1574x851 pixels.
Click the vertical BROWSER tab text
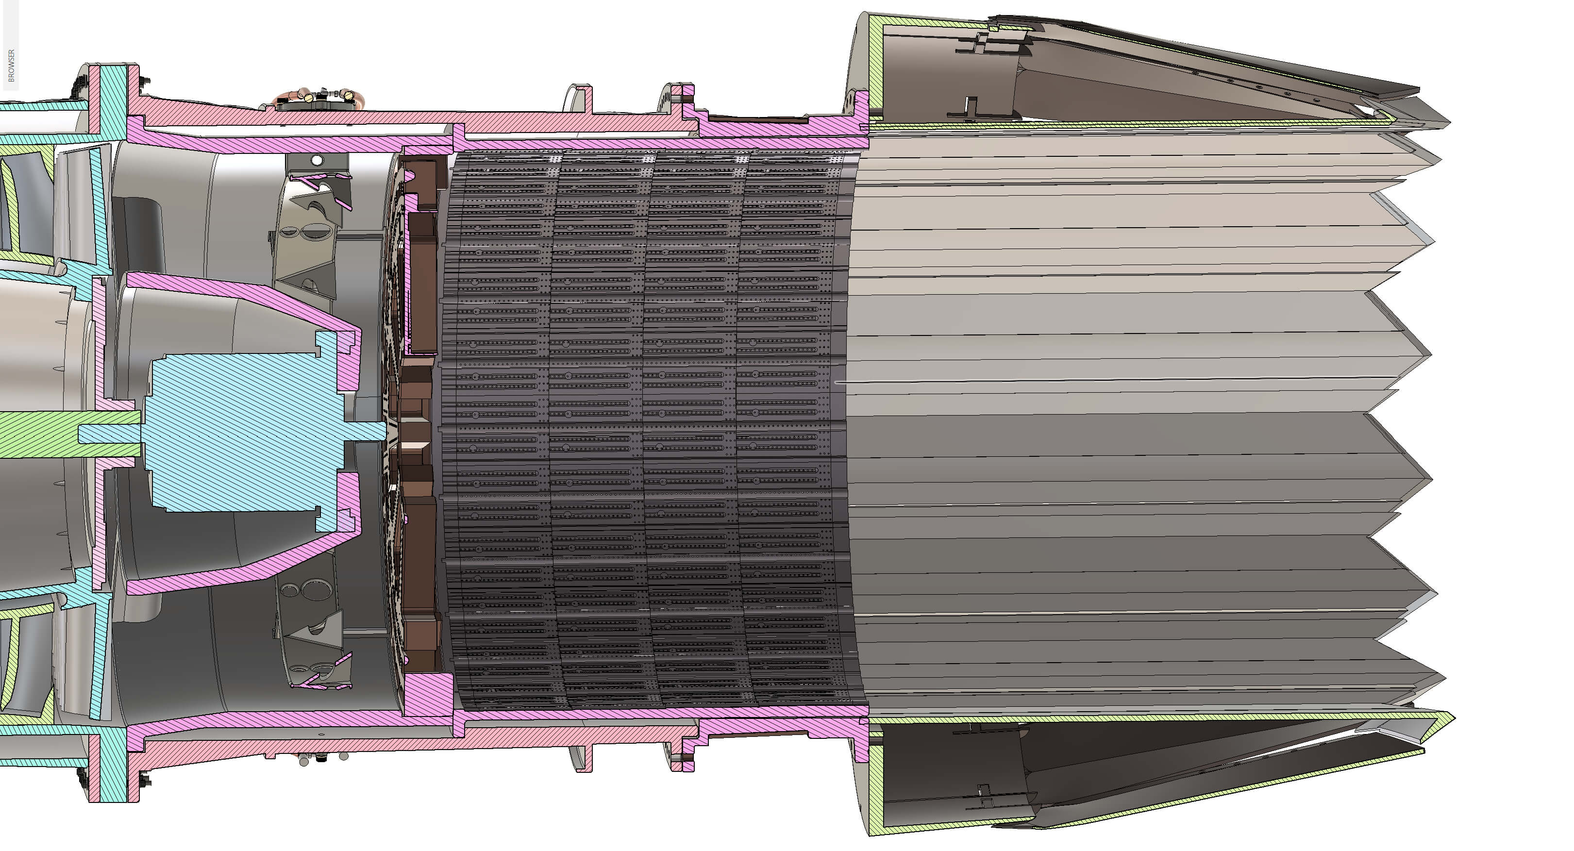click(11, 66)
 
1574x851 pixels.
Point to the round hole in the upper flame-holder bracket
click(317, 160)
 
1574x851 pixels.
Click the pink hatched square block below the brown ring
click(428, 693)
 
